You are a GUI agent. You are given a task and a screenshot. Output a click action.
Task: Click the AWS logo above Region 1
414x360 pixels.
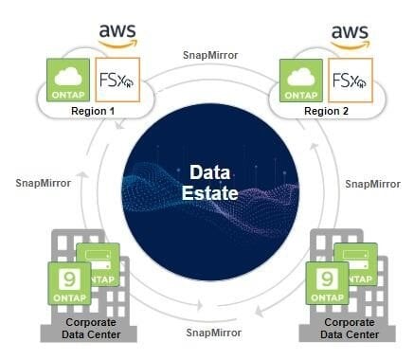click(x=117, y=35)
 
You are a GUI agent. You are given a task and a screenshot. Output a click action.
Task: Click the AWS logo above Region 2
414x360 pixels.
click(x=350, y=37)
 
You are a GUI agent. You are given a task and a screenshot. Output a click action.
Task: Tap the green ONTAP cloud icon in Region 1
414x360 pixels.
click(x=68, y=81)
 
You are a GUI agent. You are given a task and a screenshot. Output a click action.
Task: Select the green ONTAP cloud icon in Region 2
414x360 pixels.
click(x=301, y=81)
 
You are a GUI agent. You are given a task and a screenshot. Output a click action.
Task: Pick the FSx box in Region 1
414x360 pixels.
click(x=117, y=80)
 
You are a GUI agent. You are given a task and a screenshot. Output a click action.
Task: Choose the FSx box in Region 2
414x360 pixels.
click(x=351, y=81)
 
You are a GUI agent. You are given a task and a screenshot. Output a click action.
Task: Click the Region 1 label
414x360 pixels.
click(x=93, y=111)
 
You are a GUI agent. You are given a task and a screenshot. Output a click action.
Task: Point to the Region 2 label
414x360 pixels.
click(x=326, y=111)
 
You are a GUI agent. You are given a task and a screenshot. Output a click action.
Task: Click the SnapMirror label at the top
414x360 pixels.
click(x=210, y=55)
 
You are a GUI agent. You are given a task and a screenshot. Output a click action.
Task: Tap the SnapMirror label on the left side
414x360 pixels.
click(x=44, y=183)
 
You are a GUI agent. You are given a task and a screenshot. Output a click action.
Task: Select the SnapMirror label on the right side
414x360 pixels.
click(x=373, y=184)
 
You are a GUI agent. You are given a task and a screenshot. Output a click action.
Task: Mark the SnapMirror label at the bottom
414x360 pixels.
click(x=214, y=333)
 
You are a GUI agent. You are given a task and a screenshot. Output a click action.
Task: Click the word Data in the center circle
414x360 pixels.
click(x=210, y=172)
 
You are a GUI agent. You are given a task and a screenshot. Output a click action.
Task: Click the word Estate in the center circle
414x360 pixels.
click(x=210, y=193)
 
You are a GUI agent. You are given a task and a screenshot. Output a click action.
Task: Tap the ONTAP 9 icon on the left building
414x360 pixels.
click(x=69, y=283)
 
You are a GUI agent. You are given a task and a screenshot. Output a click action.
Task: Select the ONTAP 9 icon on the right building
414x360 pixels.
click(x=327, y=283)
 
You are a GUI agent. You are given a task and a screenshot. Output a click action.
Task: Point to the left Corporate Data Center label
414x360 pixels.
click(x=91, y=329)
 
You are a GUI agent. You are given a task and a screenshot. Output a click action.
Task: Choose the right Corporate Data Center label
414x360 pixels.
click(x=350, y=329)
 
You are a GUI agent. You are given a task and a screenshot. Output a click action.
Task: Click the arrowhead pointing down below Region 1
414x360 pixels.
click(x=118, y=125)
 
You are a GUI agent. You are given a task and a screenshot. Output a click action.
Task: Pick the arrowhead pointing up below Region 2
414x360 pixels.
click(x=314, y=147)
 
